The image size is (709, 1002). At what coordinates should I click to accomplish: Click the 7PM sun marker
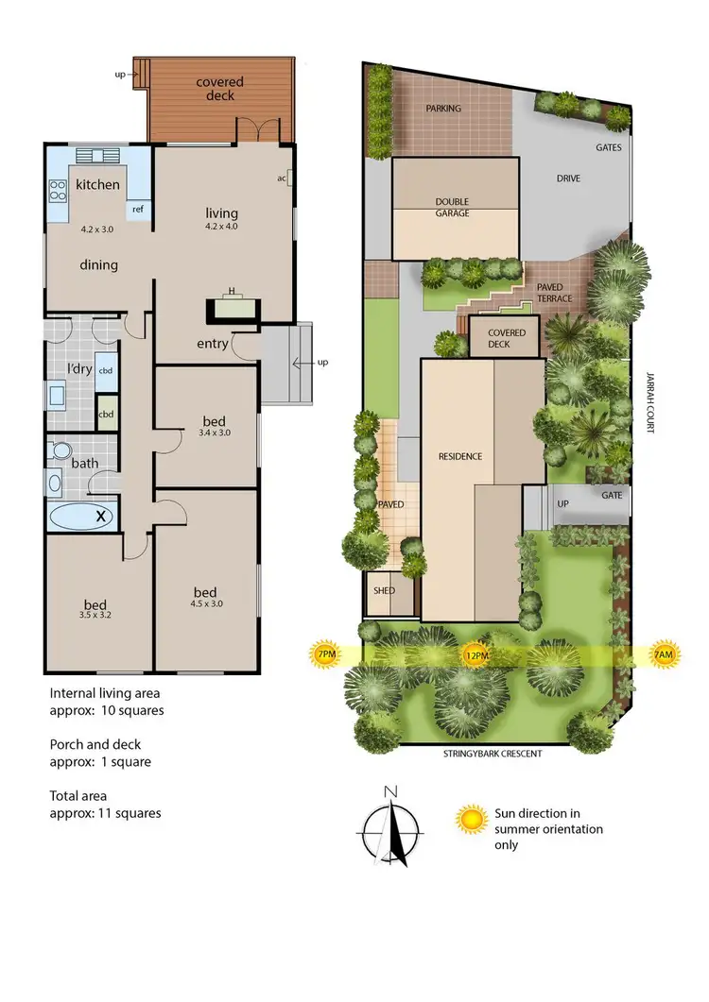click(x=325, y=654)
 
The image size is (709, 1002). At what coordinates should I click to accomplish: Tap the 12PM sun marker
click(x=476, y=654)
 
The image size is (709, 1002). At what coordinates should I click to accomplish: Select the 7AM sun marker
click(x=664, y=654)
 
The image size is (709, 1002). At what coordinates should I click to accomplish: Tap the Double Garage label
click(x=452, y=207)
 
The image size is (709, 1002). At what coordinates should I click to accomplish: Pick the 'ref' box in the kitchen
click(x=137, y=210)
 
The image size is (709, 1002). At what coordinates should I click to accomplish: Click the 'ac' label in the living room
click(x=283, y=177)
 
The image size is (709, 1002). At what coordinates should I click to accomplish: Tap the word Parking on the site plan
click(x=443, y=109)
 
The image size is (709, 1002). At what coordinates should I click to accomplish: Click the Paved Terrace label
click(x=554, y=292)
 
